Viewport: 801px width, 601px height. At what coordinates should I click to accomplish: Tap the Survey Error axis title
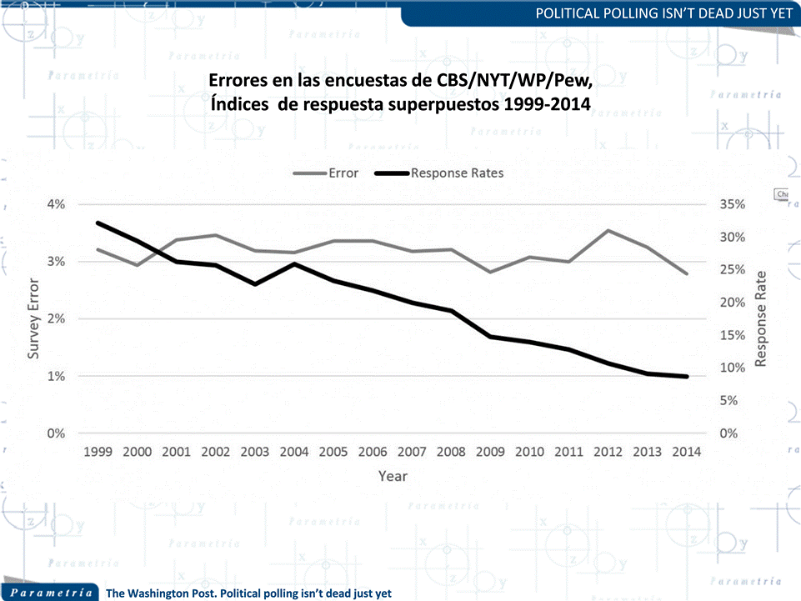[34, 318]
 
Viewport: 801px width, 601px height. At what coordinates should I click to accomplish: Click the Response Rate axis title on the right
[760, 318]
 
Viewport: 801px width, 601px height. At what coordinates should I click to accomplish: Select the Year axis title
[393, 476]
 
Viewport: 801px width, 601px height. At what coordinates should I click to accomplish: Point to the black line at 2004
[294, 263]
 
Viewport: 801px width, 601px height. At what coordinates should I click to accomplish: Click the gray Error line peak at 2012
[608, 230]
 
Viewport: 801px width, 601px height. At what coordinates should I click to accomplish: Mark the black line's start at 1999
[98, 223]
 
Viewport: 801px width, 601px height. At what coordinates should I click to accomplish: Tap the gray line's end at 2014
[687, 273]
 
